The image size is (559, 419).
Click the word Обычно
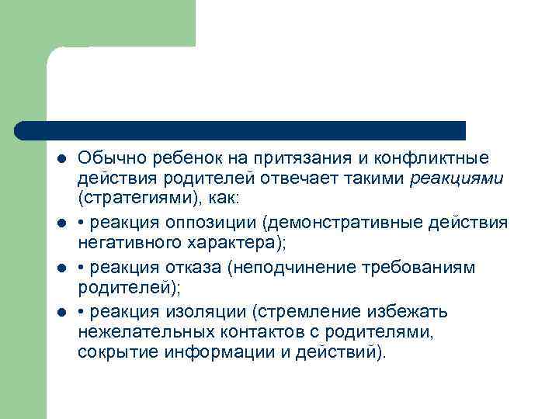107,159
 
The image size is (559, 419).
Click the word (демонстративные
342,223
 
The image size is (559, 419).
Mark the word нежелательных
141,331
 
